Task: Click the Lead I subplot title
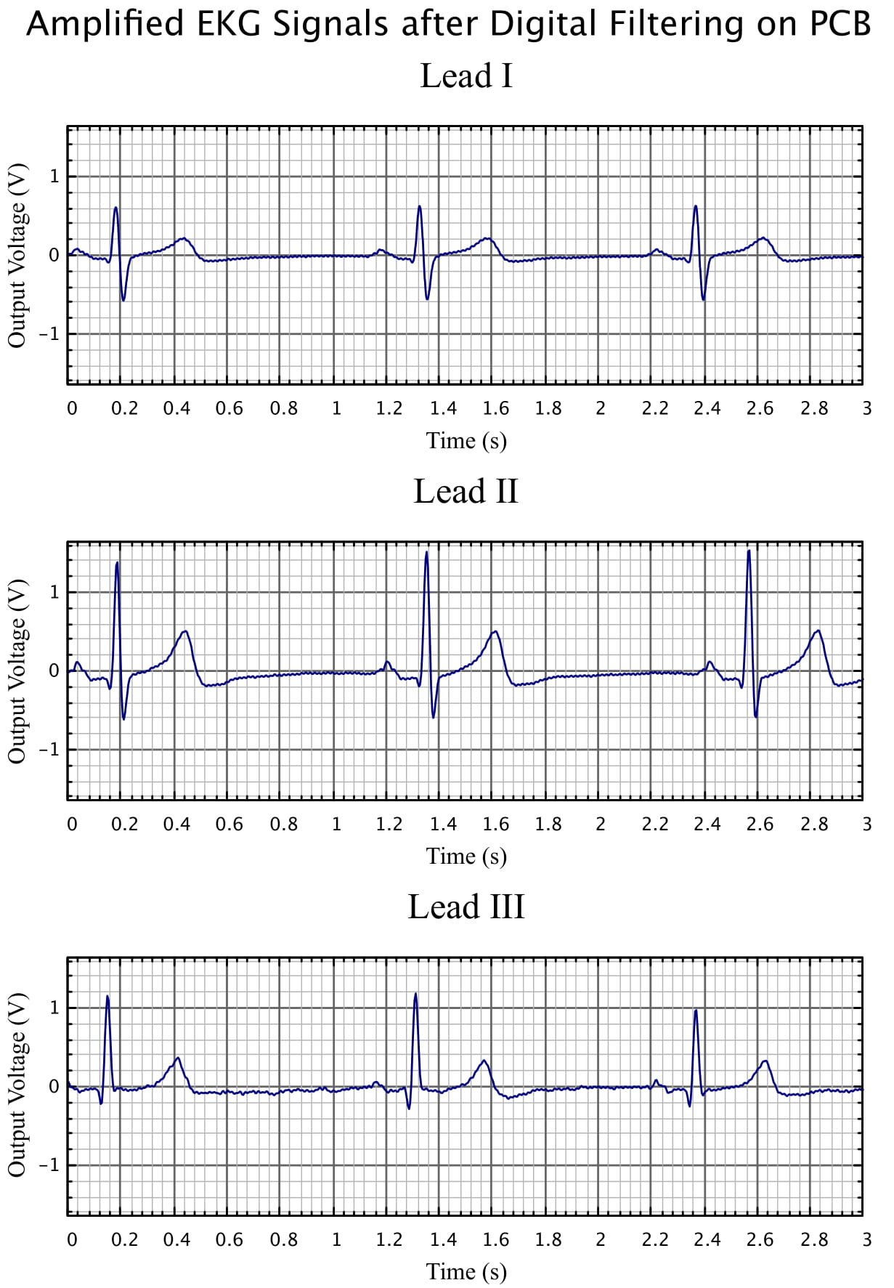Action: coord(466,76)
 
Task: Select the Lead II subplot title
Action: coord(466,491)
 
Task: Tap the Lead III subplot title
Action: coord(466,907)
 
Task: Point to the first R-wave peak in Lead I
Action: coord(115,208)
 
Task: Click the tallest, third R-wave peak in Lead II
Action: coord(749,551)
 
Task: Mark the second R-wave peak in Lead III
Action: coord(415,995)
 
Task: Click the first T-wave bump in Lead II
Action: coord(185,631)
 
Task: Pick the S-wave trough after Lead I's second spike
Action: coord(427,299)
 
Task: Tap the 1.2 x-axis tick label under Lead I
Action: coord(389,408)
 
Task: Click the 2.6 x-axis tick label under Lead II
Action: coord(760,824)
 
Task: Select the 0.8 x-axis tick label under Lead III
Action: coord(283,1239)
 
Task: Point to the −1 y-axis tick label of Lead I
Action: coord(49,334)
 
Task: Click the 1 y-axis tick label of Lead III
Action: coord(54,1008)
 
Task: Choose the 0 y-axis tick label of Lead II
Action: coord(54,671)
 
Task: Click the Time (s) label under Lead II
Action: coord(466,856)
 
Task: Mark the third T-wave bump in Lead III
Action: coord(764,1061)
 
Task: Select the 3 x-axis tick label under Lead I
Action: coord(866,408)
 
